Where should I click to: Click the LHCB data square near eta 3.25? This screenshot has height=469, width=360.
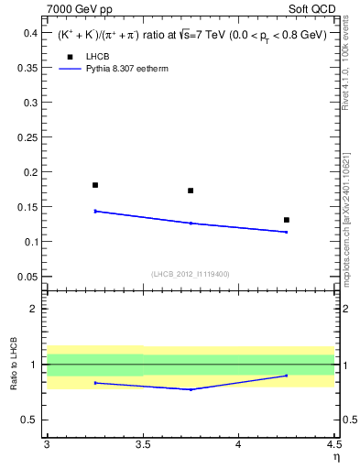coord(95,185)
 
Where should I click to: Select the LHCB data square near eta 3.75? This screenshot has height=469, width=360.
coord(191,191)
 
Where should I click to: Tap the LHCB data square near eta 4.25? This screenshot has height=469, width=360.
coord(287,220)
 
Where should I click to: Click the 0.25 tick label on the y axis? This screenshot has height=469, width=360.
coord(27,137)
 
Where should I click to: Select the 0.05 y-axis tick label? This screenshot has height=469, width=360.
coord(27,277)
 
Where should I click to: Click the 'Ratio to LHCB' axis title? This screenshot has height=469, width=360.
coord(13,365)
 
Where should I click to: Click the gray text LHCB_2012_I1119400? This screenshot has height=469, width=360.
coord(191,274)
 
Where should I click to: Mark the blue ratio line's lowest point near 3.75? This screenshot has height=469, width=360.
coord(191,389)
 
